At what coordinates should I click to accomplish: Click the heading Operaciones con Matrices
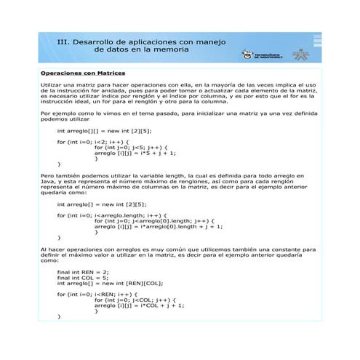83,73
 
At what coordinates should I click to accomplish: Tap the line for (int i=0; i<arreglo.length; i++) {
111,216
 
